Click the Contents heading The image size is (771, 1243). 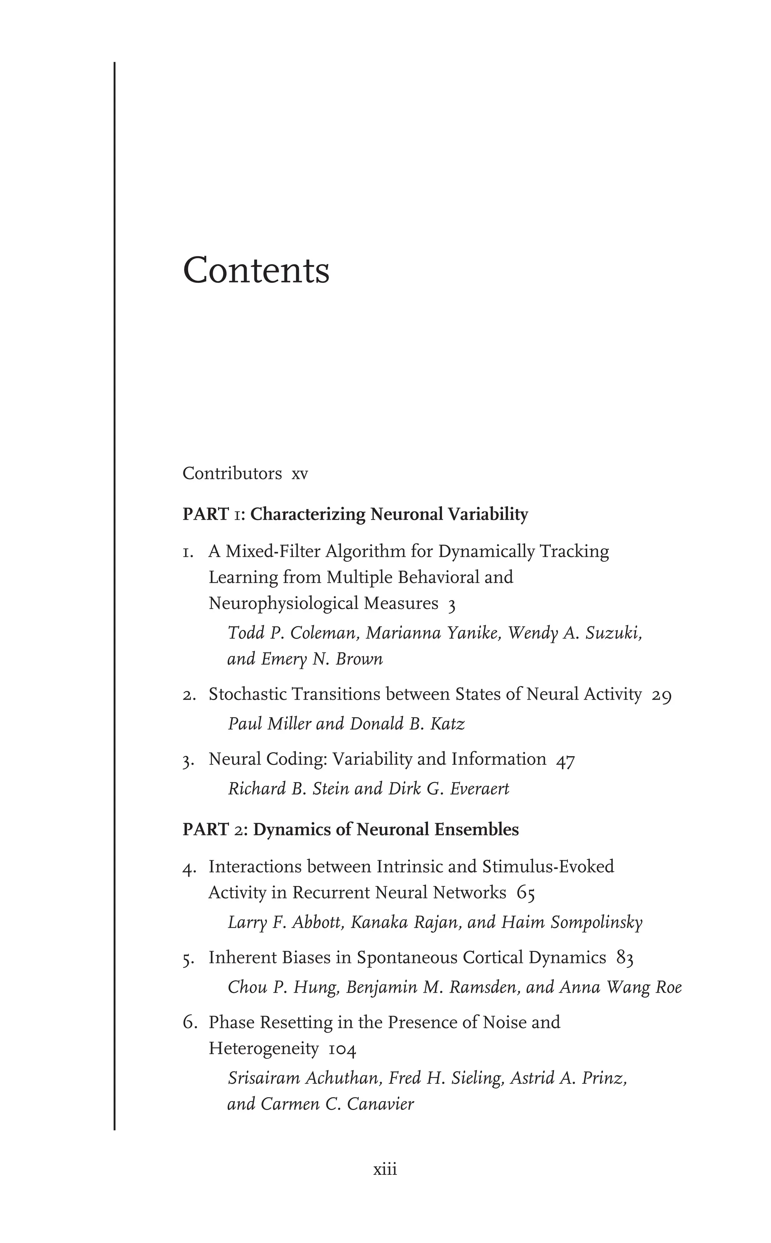[256, 270]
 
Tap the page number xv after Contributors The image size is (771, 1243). [299, 474]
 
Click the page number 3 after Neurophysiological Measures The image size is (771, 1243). [451, 605]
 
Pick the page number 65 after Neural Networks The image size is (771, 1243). [526, 893]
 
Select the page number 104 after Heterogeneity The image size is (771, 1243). [342, 1050]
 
